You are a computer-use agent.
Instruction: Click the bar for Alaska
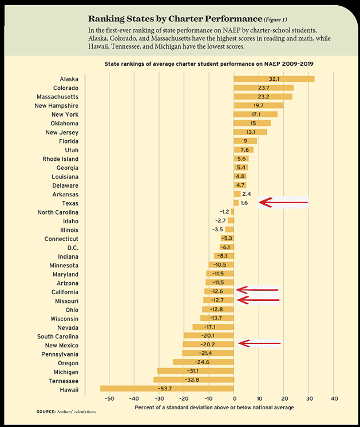coord(274,79)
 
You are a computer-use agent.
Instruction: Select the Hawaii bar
coord(167,390)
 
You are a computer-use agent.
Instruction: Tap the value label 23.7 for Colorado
coord(264,88)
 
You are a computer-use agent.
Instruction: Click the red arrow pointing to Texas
coord(283,202)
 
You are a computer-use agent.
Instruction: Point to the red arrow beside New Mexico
coord(259,343)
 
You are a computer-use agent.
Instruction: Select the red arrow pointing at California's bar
coord(257,290)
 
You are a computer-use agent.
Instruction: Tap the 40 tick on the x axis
coord(335,399)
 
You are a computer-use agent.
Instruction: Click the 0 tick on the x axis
coord(234,399)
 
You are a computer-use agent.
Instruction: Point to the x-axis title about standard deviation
coord(214,408)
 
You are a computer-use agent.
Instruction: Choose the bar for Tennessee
coord(193,381)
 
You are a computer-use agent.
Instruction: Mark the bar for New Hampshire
coord(259,106)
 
